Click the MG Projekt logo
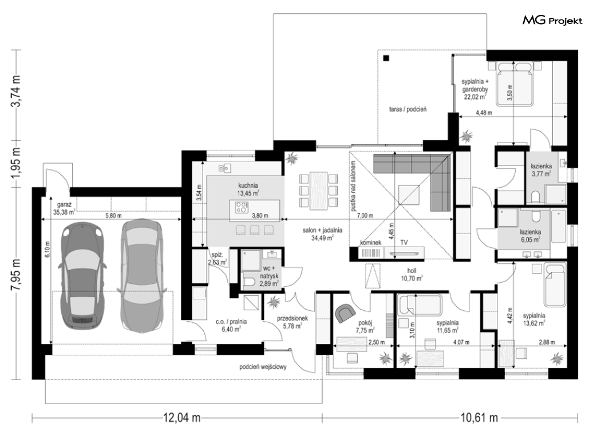coord(552,21)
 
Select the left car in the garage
coord(82,275)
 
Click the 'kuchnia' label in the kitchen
coord(247,185)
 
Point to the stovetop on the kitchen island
coord(242,207)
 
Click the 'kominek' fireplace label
coord(370,243)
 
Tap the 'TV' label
coord(404,243)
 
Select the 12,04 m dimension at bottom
coord(181,417)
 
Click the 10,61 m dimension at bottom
coord(479,417)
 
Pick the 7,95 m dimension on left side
coord(17,275)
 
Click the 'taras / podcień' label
coord(408,109)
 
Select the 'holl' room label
coord(412,271)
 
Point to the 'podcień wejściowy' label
coord(263,367)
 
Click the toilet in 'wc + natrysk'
coord(249,282)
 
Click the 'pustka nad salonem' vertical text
coord(353,187)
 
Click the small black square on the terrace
coord(386,58)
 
